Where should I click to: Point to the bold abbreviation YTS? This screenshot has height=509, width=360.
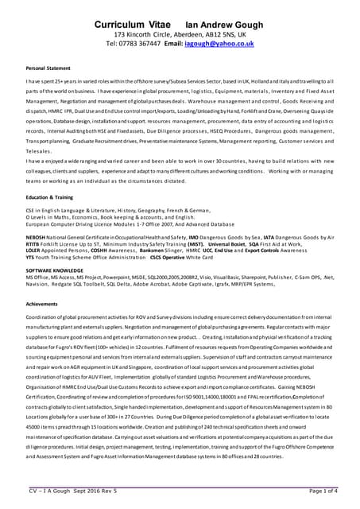(x=30, y=256)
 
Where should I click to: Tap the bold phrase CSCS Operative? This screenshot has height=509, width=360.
(x=168, y=256)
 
